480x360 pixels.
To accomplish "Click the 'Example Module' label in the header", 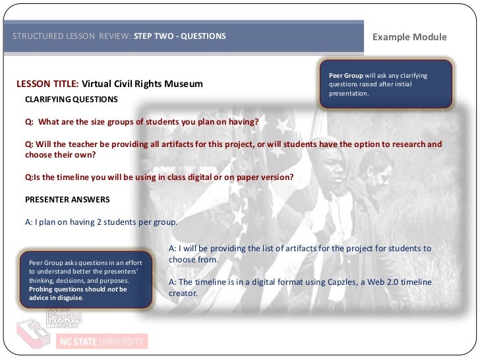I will coord(409,37).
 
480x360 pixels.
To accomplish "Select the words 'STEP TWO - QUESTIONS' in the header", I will coord(179,36).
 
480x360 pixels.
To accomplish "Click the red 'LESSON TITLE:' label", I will coord(47,84).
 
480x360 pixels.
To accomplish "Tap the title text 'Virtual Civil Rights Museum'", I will coord(142,84).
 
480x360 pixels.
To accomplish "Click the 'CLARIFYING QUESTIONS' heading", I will coord(71,100).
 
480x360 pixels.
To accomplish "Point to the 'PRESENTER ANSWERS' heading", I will coord(67,199).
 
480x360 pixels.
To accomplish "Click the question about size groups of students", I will coord(142,122).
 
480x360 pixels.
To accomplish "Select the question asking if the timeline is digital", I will coord(159,177).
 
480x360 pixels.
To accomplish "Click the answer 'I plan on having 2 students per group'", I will coord(102,222).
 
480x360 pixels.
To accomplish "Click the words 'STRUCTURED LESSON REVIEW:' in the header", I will coord(72,36).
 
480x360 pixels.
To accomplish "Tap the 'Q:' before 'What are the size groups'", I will coord(30,122).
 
